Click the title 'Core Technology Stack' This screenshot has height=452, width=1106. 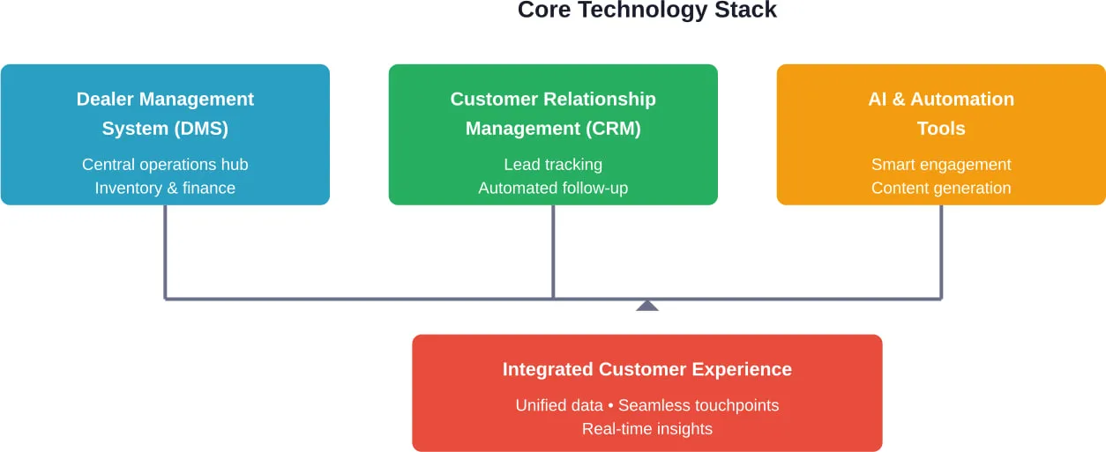point(646,11)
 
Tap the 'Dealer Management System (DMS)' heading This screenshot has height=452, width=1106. point(165,114)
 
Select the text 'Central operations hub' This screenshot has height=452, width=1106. point(165,165)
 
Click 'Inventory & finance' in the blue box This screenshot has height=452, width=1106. point(165,188)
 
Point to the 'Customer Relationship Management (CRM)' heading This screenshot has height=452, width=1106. point(553,114)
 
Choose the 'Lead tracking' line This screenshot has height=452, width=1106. point(553,165)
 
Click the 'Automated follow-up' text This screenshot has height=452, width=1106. point(553,188)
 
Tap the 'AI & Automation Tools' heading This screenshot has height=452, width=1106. point(941,114)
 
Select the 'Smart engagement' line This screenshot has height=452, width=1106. point(941,165)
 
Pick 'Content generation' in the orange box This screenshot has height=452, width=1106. point(941,188)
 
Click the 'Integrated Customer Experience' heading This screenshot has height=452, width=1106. point(646,369)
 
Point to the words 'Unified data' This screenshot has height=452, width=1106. point(559,405)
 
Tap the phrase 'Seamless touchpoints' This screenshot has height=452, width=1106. point(699,405)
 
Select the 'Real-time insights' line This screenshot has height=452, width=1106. point(646,429)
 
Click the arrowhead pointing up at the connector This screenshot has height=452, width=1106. point(647,306)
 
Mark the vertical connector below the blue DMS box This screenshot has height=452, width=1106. point(165,251)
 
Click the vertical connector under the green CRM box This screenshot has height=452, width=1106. point(553,251)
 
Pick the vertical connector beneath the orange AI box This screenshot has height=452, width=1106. point(941,251)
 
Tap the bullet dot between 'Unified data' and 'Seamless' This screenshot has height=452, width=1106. point(610,406)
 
